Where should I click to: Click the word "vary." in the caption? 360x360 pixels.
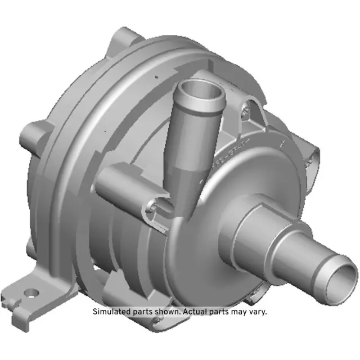[x=256, y=312]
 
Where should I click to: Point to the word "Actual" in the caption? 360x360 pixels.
[x=198, y=312]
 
